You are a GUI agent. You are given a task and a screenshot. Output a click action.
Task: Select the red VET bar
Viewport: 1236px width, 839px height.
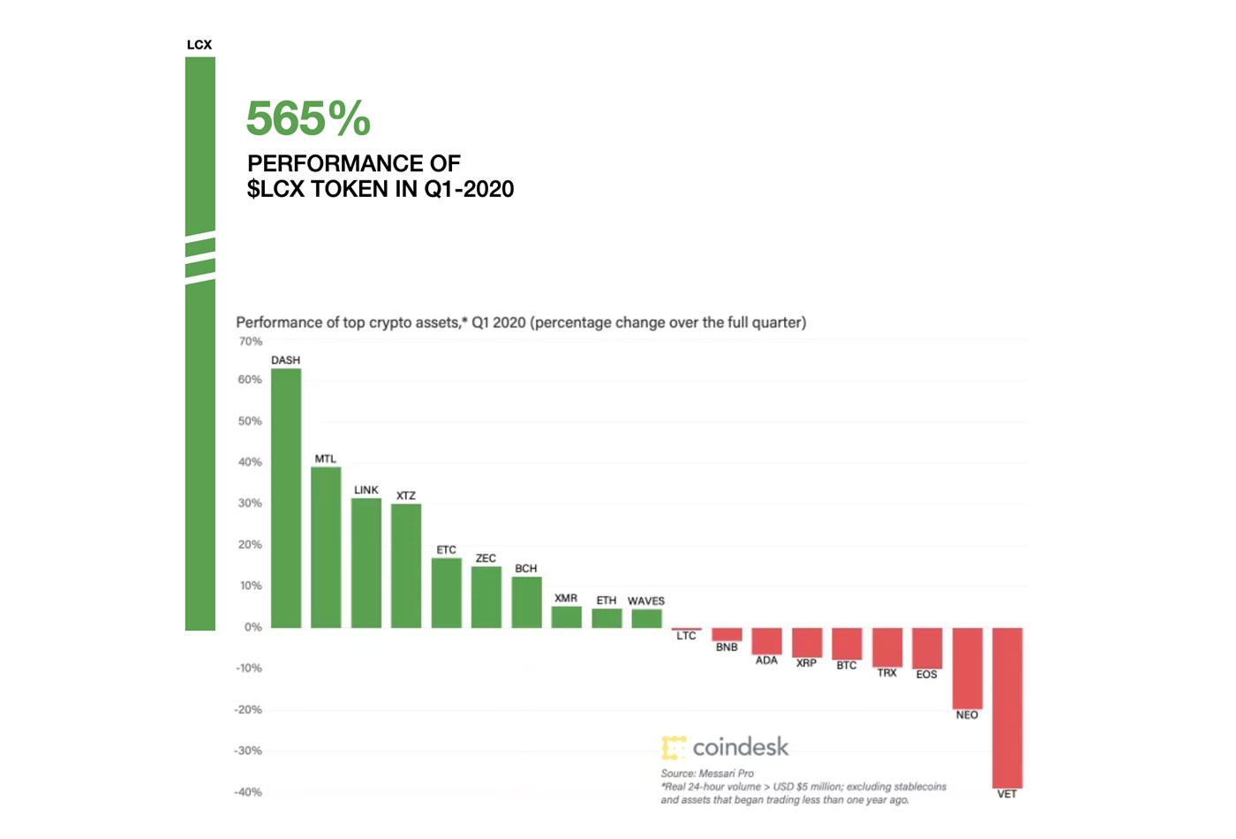tap(1007, 707)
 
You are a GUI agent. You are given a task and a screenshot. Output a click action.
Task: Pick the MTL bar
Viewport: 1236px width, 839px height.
tap(326, 548)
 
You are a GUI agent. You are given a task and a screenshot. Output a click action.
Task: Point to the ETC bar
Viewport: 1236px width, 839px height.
tap(447, 593)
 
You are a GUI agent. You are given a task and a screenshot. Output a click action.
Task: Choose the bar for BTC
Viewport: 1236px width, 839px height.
tap(848, 644)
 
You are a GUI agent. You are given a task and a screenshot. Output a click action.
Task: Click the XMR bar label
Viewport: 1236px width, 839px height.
tap(566, 598)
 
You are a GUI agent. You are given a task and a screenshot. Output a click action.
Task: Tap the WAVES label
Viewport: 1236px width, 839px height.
tap(646, 601)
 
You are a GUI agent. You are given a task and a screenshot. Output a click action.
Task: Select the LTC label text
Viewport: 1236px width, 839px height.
tap(686, 636)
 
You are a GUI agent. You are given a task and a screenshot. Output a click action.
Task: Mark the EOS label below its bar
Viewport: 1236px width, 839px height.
tap(927, 675)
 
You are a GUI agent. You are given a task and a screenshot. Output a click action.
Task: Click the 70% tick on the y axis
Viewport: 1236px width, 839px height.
tap(250, 341)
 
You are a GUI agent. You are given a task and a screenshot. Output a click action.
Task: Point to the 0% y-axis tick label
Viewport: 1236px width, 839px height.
tap(252, 627)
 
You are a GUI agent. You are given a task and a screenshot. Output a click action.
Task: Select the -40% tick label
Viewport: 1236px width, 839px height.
tap(248, 792)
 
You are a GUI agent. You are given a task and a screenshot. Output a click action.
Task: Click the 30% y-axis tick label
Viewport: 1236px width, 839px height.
tap(250, 503)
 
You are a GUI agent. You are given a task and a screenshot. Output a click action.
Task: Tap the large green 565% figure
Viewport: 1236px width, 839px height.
tap(308, 118)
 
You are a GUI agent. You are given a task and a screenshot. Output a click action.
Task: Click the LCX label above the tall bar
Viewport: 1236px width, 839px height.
tap(200, 45)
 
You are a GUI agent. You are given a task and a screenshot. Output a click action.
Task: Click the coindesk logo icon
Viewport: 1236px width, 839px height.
tap(674, 747)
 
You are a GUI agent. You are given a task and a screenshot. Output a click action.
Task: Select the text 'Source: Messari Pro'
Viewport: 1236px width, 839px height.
tap(707, 774)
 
